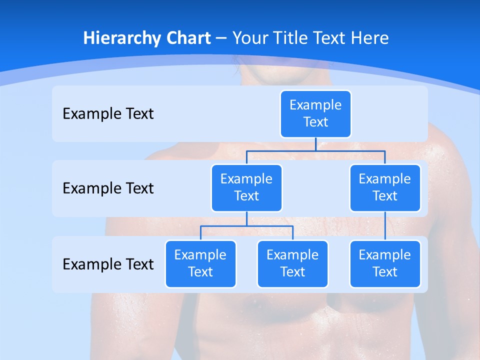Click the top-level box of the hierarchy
coord(315,113)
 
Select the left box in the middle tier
coord(246,187)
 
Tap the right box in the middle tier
coord(385,187)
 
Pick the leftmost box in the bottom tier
coord(200,263)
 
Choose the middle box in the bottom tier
coord(292,263)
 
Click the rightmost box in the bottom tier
coord(385,263)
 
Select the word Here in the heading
coord(370,38)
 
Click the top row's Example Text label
coord(108,114)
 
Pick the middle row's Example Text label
coord(108,188)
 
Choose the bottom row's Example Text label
coord(108,264)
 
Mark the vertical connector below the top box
coord(315,144)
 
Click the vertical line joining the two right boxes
coord(385,226)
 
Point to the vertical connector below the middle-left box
coord(246,219)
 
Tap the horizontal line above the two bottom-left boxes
coord(246,226)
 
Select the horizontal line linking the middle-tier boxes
coord(315,150)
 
